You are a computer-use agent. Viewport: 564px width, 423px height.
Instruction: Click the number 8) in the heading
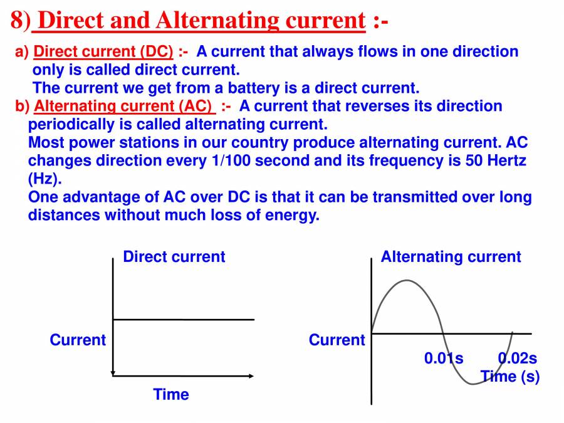pyautogui.click(x=21, y=20)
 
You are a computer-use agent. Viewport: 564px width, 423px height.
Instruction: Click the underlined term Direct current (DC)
pyautogui.click(x=103, y=51)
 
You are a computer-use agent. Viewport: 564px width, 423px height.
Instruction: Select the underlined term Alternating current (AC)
pyautogui.click(x=123, y=106)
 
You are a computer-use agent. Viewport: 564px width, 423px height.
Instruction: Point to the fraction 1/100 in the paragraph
pyautogui.click(x=231, y=160)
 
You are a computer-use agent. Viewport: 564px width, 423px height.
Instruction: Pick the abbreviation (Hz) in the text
pyautogui.click(x=44, y=179)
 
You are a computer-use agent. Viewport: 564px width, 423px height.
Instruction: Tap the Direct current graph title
pyautogui.click(x=174, y=257)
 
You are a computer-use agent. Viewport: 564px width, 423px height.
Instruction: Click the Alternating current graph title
pyautogui.click(x=451, y=257)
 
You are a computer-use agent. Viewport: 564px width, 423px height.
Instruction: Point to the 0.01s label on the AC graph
pyautogui.click(x=444, y=358)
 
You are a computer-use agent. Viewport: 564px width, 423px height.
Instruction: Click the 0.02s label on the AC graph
pyautogui.click(x=517, y=358)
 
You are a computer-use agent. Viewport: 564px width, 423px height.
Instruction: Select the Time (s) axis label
pyautogui.click(x=510, y=377)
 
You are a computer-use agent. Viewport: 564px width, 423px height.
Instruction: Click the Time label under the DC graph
pyautogui.click(x=171, y=394)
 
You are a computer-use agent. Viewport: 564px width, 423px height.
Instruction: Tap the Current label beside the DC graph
pyautogui.click(x=78, y=340)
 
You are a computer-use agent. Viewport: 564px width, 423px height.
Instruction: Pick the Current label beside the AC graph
pyautogui.click(x=337, y=340)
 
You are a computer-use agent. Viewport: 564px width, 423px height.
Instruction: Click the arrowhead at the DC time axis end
pyautogui.click(x=251, y=376)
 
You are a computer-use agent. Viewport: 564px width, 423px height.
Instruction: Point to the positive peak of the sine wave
pyautogui.click(x=407, y=280)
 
